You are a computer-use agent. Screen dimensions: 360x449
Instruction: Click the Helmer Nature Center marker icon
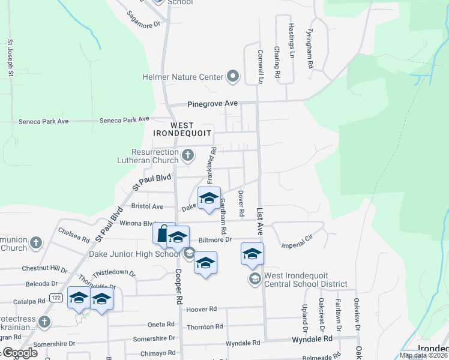pyautogui.click(x=233, y=77)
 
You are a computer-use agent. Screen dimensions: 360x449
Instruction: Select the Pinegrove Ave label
pyautogui.click(x=212, y=104)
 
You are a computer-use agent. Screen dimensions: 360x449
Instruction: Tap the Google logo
pyautogui.click(x=20, y=353)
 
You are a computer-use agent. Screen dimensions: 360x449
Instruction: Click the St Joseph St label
pyautogui.click(x=10, y=58)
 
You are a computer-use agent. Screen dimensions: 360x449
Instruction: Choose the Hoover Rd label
pyautogui.click(x=200, y=310)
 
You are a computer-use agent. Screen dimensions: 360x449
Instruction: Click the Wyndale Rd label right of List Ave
pyautogui.click(x=312, y=339)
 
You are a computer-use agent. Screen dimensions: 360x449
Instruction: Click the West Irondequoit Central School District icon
pyautogui.click(x=255, y=278)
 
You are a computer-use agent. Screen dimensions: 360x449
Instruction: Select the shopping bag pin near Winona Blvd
pyautogui.click(x=163, y=234)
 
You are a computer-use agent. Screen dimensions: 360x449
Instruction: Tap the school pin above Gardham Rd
pyautogui.click(x=209, y=198)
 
